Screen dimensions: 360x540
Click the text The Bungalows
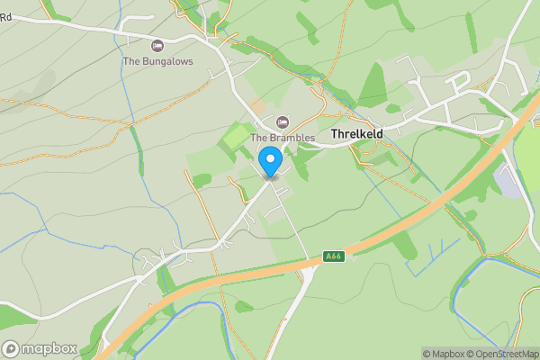(x=157, y=61)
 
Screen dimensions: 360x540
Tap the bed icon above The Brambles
(x=282, y=121)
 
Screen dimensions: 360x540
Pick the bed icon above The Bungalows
(x=157, y=45)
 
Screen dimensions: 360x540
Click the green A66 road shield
(x=334, y=256)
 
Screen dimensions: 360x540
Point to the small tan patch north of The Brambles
(x=258, y=106)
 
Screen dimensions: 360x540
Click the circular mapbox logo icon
(x=12, y=348)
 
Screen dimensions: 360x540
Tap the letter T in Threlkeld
(x=335, y=134)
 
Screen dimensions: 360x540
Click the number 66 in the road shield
(x=337, y=256)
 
